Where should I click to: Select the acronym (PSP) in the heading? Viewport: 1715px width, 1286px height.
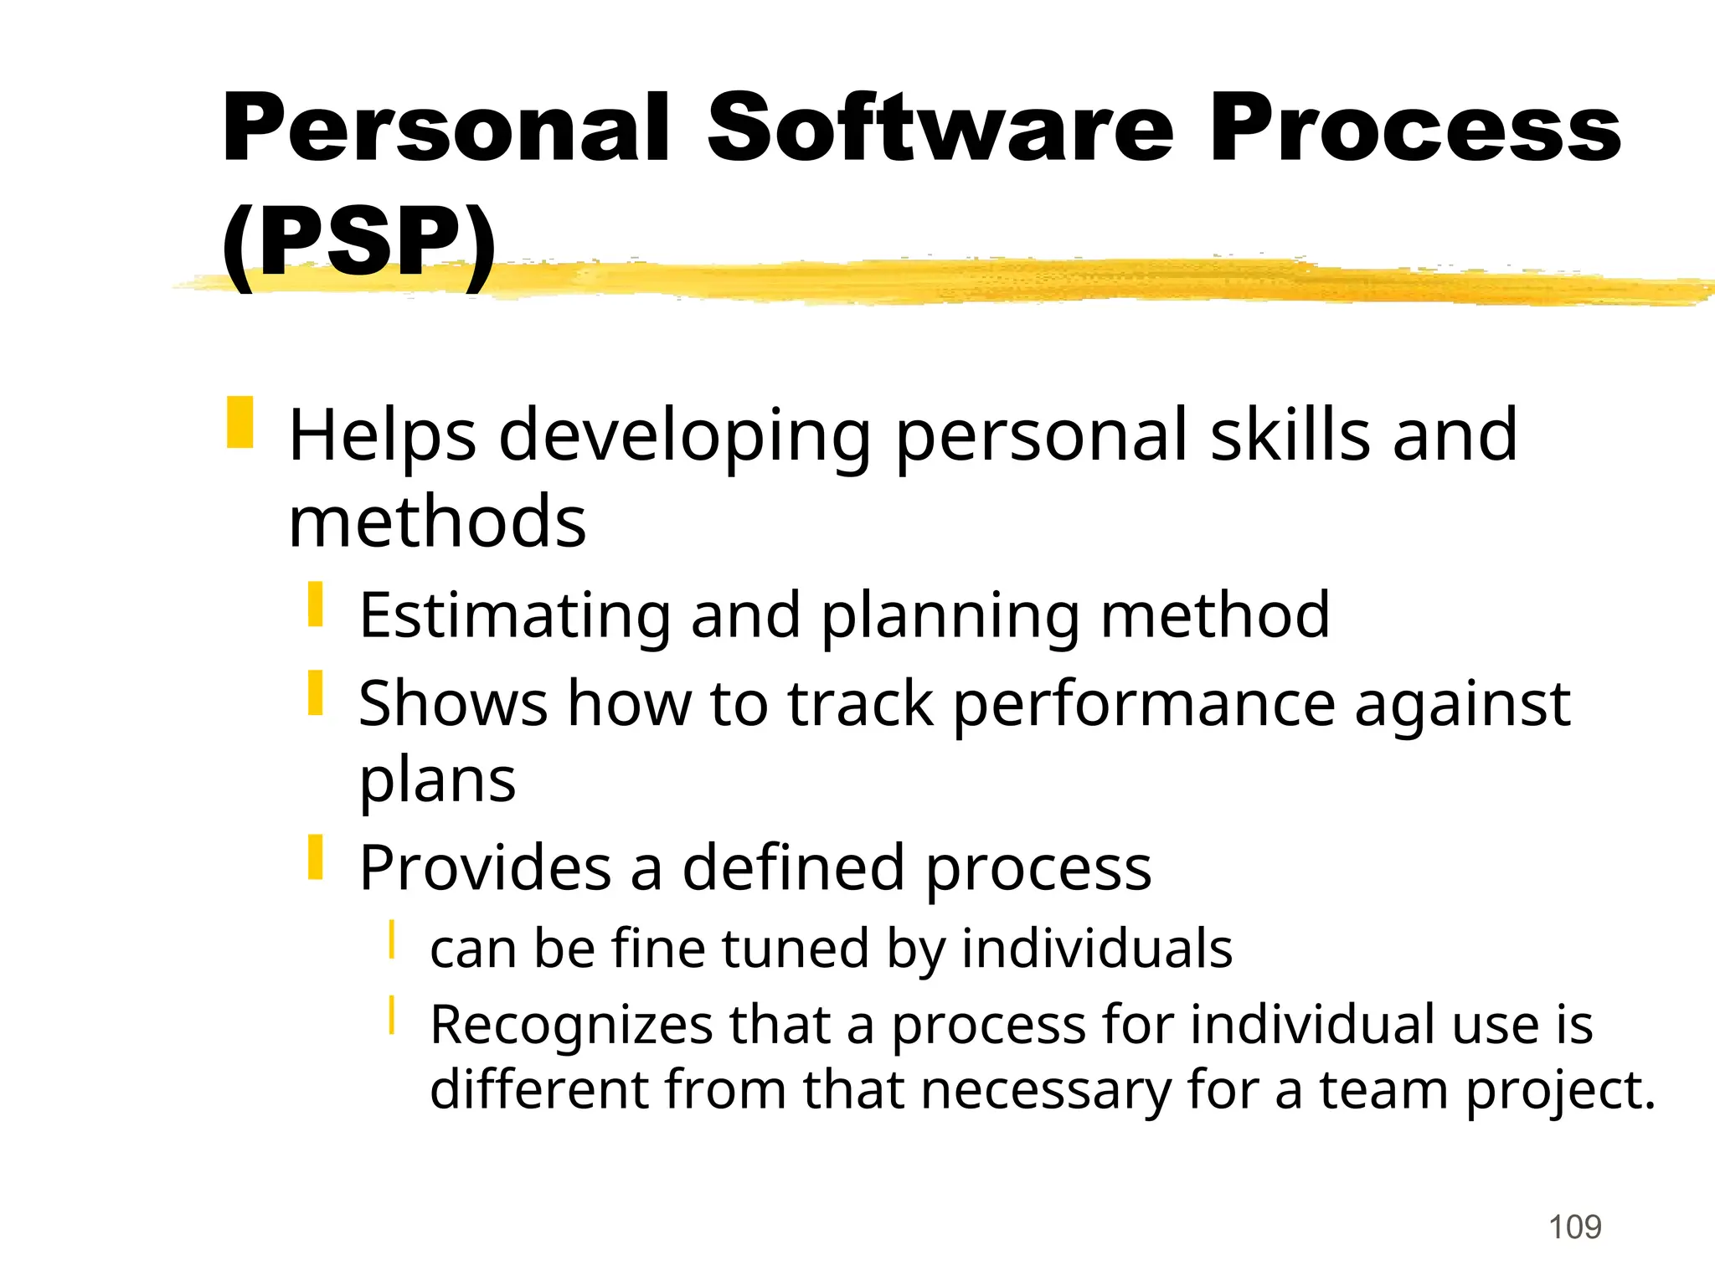tap(358, 243)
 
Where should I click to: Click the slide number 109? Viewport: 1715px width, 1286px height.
tap(1574, 1227)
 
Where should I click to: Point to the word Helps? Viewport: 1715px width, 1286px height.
tap(382, 435)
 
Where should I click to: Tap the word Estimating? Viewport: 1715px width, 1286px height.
tap(514, 615)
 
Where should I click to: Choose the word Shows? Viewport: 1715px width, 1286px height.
tap(453, 702)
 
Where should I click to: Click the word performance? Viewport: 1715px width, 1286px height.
tap(1144, 704)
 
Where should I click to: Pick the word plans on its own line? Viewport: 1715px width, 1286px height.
tap(437, 781)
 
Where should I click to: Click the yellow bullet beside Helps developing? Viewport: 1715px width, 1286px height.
tap(239, 422)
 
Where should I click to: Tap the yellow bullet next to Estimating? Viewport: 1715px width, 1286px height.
tap(315, 604)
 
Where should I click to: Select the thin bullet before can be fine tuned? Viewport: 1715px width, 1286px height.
tap(391, 939)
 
